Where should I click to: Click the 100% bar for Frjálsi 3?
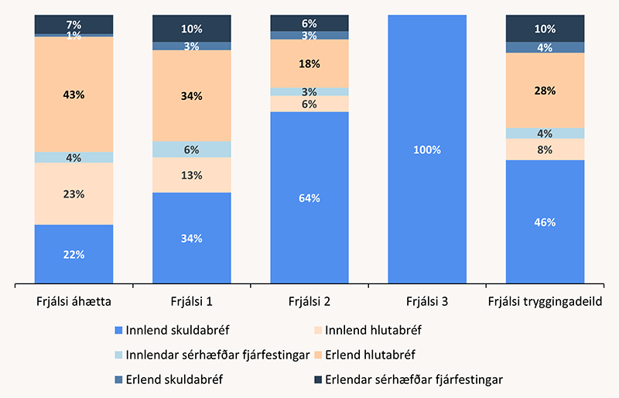[427, 149]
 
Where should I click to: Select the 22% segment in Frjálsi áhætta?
[74, 254]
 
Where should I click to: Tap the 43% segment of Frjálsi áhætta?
[74, 94]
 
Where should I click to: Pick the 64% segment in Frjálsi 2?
[309, 197]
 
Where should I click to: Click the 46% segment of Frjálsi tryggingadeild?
[545, 221]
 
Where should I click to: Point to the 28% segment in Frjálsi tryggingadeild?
[545, 91]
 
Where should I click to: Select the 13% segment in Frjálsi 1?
[192, 175]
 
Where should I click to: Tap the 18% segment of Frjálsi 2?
[309, 63]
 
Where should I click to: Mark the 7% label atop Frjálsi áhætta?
[74, 23]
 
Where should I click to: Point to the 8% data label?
[545, 149]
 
